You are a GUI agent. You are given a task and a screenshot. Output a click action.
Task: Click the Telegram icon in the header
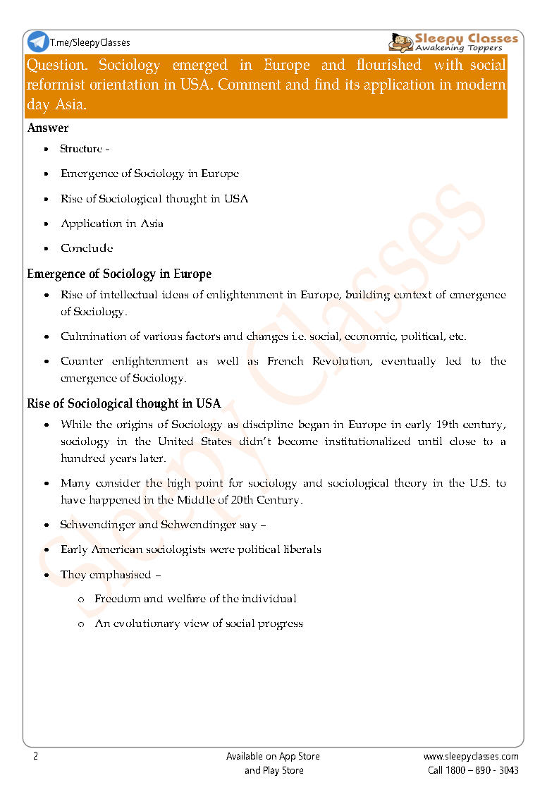38,42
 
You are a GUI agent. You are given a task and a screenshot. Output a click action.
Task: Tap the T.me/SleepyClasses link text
90,43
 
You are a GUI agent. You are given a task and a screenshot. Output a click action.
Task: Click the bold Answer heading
48,128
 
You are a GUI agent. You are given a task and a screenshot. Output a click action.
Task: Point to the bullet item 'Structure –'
85,149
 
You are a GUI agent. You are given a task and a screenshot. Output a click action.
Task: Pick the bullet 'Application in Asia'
112,224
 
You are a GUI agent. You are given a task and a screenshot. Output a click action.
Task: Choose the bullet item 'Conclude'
87,248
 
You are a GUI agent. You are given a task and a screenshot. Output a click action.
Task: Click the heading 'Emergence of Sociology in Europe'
119,274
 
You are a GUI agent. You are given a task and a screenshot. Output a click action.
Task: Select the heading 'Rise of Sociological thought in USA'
124,404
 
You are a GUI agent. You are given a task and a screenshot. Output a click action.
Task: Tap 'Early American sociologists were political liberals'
191,549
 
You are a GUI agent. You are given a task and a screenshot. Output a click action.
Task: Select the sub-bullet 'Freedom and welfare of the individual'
195,599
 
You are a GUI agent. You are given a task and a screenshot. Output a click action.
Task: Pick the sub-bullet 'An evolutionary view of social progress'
199,623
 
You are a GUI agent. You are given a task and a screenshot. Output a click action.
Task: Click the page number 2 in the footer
35,756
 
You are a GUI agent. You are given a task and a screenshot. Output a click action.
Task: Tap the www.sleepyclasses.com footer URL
471,756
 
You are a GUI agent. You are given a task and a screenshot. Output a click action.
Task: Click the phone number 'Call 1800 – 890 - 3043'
473,770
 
